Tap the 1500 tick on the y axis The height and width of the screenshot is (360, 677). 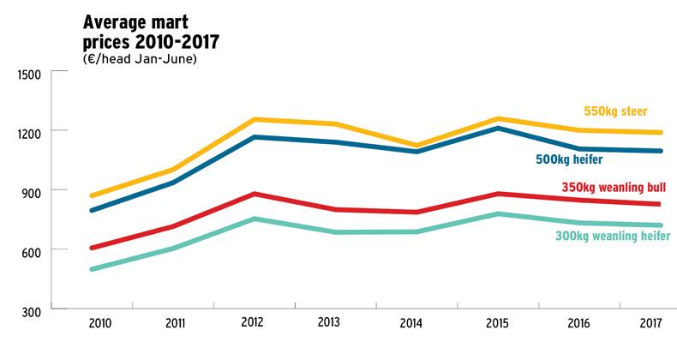pyautogui.click(x=29, y=74)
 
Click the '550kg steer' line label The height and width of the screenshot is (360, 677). pyautogui.click(x=615, y=111)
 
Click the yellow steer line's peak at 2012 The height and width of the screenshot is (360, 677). pyautogui.click(x=255, y=119)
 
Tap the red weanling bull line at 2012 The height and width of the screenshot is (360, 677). pyautogui.click(x=255, y=194)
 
